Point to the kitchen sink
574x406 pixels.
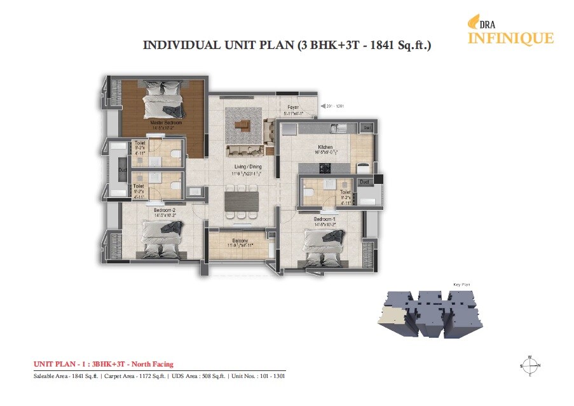(339, 129)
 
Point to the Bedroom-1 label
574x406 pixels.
(324, 219)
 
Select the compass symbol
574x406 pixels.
(529, 367)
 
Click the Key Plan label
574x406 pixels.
(460, 284)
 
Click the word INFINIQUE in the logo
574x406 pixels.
(510, 38)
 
